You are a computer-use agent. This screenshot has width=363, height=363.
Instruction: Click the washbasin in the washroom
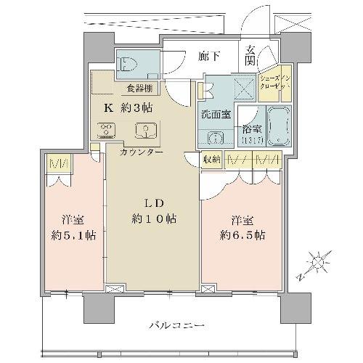[x=215, y=137]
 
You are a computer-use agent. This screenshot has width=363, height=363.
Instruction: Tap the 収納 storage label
[x=211, y=160]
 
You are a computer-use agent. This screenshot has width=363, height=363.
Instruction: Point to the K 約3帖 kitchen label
[x=128, y=109]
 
